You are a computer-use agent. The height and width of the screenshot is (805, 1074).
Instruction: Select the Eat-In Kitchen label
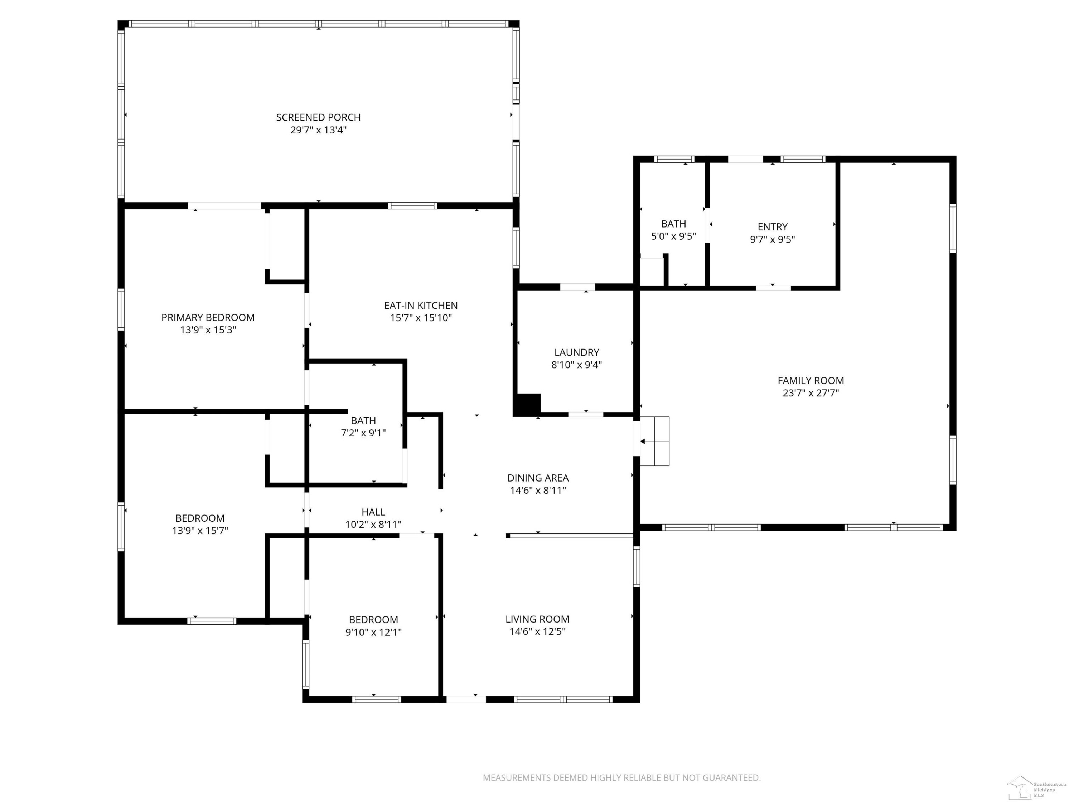point(421,305)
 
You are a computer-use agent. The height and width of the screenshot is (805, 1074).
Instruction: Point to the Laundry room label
point(576,352)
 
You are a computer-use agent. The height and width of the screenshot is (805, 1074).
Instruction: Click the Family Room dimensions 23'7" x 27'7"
point(811,393)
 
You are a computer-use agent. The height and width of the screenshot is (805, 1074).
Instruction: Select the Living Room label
point(537,619)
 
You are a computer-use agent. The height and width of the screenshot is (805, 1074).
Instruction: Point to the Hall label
point(373,512)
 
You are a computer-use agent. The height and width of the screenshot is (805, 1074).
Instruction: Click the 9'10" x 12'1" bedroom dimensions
point(373,632)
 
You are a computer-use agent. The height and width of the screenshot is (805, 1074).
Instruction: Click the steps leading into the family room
point(654,441)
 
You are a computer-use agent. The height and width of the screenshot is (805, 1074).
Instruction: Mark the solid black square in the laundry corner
point(527,405)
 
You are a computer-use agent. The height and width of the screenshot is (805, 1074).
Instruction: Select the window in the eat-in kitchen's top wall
point(412,206)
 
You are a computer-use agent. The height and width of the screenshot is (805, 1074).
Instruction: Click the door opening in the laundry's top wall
point(577,287)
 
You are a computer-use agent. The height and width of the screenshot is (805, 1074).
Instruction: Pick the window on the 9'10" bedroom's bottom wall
point(376,699)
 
